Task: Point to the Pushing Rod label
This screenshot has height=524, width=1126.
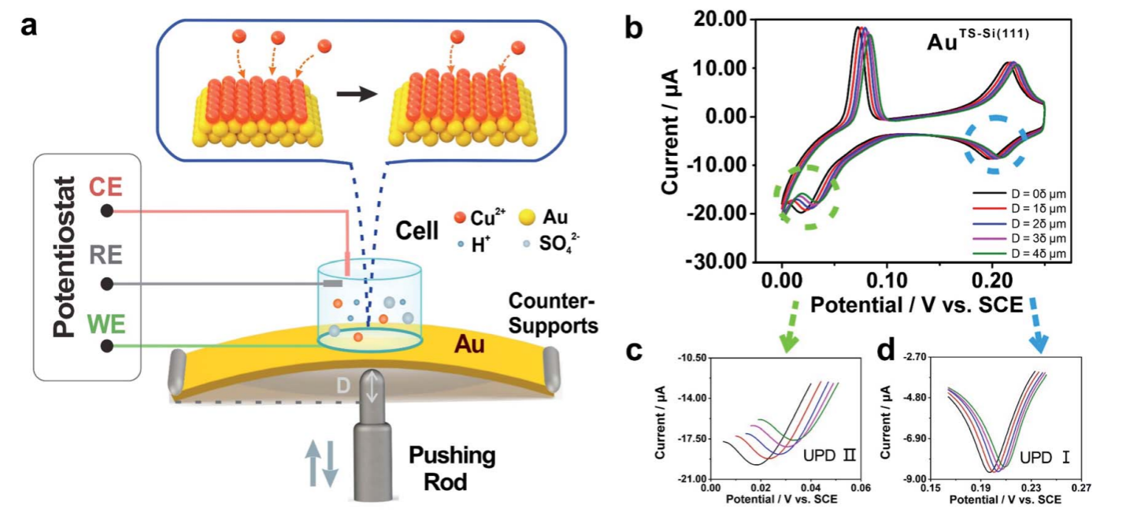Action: click(x=451, y=467)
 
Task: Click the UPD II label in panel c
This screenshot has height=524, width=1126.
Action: click(x=829, y=455)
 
